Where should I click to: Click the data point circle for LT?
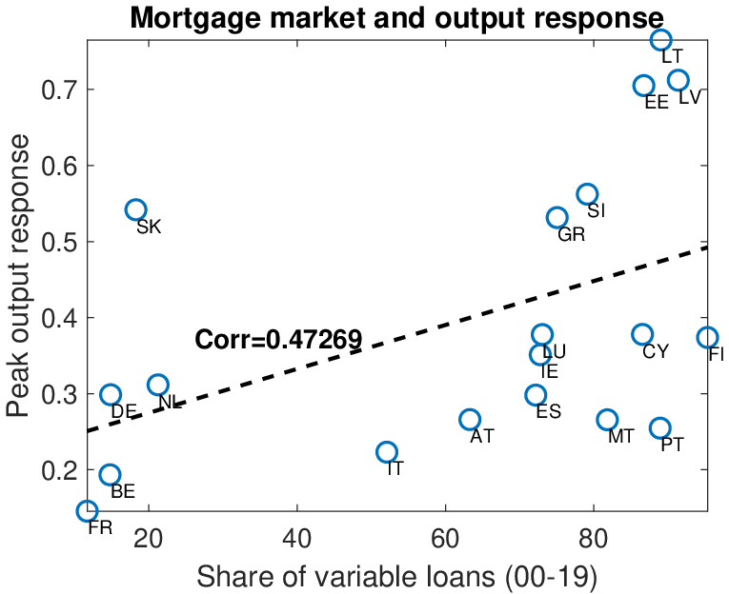[661, 40]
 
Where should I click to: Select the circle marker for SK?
[135, 209]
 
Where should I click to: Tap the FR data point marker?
[87, 511]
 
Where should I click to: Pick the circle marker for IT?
[386, 452]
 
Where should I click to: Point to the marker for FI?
[707, 337]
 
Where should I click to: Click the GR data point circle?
[557, 218]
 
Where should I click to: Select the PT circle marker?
[660, 428]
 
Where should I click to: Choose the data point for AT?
[470, 420]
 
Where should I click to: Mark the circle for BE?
[111, 475]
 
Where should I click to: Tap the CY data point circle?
[642, 334]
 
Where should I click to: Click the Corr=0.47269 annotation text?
[278, 339]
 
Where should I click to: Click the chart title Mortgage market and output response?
[396, 18]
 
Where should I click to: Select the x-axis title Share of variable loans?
[396, 576]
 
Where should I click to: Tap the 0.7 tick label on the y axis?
[58, 90]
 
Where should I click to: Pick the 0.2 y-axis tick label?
[58, 470]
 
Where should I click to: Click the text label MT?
[621, 437]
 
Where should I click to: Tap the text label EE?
[657, 103]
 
